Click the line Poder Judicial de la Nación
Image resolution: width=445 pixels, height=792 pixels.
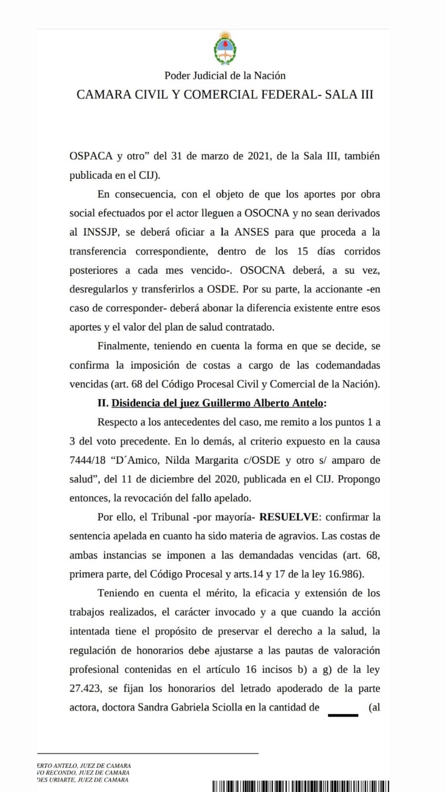225,76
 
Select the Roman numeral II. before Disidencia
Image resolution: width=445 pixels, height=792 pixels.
103,403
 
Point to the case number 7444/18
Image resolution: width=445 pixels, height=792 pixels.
87,460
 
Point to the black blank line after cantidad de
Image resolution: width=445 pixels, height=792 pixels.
343,715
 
